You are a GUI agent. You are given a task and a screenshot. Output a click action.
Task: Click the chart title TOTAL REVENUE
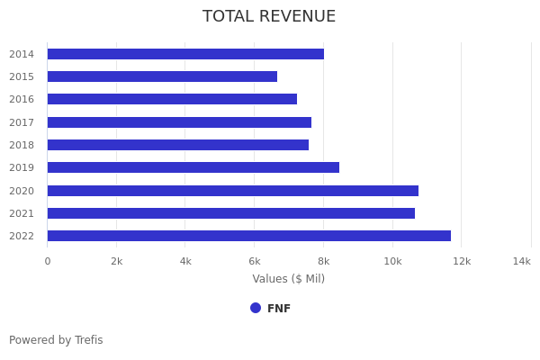pyautogui.click(x=269, y=17)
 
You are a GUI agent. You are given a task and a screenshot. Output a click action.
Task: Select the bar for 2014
pyautogui.click(x=185, y=54)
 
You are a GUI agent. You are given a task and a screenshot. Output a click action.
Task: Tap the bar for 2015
pyautogui.click(x=162, y=76)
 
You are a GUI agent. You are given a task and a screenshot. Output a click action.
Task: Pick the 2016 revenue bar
pyautogui.click(x=172, y=99)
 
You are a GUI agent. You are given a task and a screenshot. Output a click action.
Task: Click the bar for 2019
pyautogui.click(x=193, y=167)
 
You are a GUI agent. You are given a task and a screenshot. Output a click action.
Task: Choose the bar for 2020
pyautogui.click(x=232, y=191)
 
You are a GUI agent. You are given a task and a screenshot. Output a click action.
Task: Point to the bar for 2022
pyautogui.click(x=248, y=236)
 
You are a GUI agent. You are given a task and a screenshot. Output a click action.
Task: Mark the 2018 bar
pyautogui.click(x=177, y=145)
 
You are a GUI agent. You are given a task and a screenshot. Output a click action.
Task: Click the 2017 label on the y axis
pyautogui.click(x=22, y=122)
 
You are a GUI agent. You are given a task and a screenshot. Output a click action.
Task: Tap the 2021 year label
pyautogui.click(x=22, y=213)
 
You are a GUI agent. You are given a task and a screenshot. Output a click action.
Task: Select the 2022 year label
pyautogui.click(x=22, y=236)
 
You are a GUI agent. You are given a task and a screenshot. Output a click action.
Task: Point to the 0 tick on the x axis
pyautogui.click(x=48, y=261)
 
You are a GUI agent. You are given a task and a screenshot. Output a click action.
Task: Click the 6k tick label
pyautogui.click(x=255, y=261)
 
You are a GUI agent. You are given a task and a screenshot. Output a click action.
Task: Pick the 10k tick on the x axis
pyautogui.click(x=392, y=261)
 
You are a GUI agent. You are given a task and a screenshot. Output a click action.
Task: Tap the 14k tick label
pyautogui.click(x=521, y=261)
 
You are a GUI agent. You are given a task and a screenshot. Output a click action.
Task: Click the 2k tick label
pyautogui.click(x=116, y=261)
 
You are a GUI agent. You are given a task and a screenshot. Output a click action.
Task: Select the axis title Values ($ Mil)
pyautogui.click(x=288, y=279)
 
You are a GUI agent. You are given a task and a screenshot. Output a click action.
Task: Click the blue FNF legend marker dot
pyautogui.click(x=256, y=308)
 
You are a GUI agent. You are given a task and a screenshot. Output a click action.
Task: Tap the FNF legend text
pyautogui.click(x=279, y=309)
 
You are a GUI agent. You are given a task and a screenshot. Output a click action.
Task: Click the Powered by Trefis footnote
pyautogui.click(x=56, y=340)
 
